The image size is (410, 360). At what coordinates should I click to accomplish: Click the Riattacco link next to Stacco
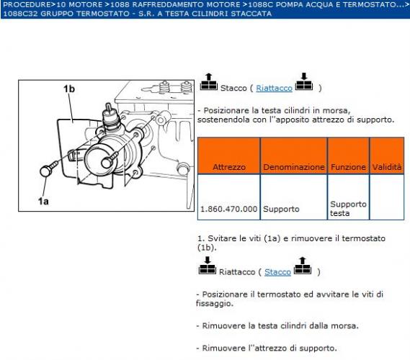pos(273,88)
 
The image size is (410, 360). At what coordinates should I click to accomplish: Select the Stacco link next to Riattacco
pos(277,272)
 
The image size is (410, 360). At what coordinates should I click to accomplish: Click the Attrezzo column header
pos(228,166)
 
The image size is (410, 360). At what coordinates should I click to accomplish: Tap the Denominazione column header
pos(293,166)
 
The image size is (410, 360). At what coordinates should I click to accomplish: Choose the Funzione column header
pos(348,166)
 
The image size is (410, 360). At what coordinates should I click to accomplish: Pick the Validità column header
pos(386,166)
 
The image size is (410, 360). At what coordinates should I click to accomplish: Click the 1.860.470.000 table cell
pos(228,209)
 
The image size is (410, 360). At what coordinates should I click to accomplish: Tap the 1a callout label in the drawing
pos(43,202)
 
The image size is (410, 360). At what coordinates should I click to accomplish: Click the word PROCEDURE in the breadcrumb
pos(26,4)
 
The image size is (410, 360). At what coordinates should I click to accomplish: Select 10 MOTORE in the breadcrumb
pos(77,4)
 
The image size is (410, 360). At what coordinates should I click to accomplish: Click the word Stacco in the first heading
pos(233,88)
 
